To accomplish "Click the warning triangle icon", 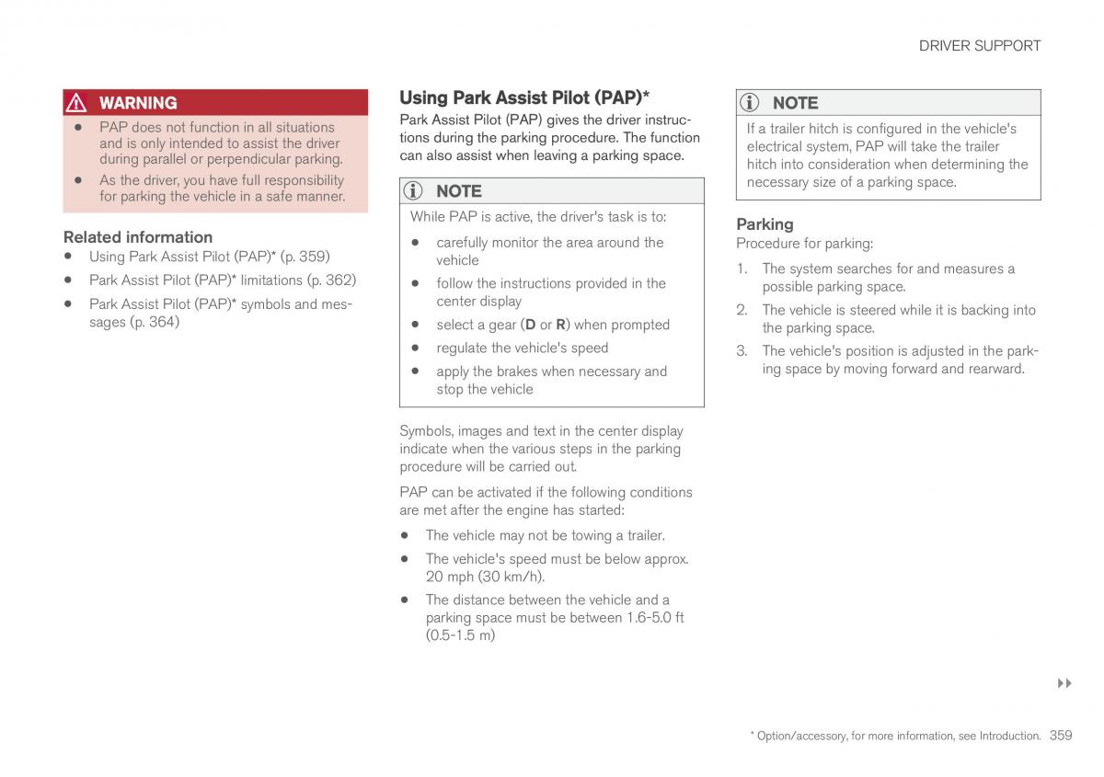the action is tap(76, 102).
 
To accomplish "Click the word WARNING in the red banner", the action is tap(138, 103).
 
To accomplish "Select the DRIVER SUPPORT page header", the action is tap(979, 46).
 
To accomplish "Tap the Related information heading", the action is tap(138, 237).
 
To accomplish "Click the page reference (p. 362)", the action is tap(332, 280).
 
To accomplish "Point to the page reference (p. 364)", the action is tap(155, 322).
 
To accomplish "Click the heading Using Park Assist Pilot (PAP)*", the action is tap(524, 97).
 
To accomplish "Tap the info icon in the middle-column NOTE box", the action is tap(413, 190).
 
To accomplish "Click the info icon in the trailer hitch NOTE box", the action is tap(749, 102).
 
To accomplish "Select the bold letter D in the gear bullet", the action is tap(530, 325).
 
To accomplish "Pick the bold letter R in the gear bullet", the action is tap(560, 325).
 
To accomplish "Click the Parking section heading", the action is tap(765, 224).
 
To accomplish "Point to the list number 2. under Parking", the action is tap(742, 310).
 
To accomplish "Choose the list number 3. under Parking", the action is tap(742, 351).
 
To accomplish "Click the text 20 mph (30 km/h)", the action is tap(485, 577).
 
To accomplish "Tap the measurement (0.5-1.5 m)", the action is tap(460, 635).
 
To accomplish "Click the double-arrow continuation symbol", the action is tap(1064, 683).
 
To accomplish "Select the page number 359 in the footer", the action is tap(1061, 735).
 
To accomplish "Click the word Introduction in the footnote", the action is tap(1009, 736).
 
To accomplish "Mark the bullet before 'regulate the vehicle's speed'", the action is tap(415, 348).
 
